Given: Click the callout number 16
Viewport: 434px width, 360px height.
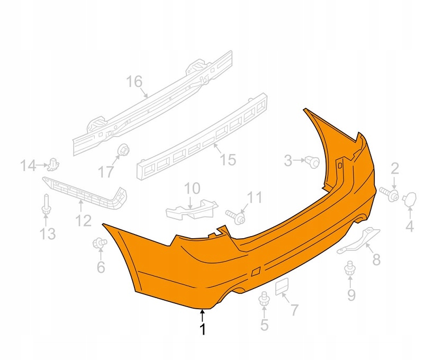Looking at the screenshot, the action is click(134, 82).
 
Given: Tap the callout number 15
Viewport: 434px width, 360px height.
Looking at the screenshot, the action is click(228, 160).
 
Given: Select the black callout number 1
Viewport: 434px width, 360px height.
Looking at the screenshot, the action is click(203, 329).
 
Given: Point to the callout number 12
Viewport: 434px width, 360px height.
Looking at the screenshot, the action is click(83, 221).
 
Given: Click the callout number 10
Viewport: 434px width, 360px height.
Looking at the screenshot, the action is click(192, 188).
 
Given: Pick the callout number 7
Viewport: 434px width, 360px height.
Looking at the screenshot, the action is click(294, 310).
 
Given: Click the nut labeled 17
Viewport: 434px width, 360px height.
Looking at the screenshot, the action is click(123, 150).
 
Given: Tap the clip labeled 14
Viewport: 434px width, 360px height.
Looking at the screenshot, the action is click(53, 164).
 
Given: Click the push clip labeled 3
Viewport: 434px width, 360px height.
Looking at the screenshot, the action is click(312, 161).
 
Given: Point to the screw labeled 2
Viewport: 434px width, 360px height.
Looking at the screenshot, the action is click(390, 194).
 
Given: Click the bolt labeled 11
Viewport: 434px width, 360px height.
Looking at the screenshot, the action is click(236, 217).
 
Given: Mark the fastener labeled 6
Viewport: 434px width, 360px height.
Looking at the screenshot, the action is click(100, 242).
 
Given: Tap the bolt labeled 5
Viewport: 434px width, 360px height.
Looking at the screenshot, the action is click(263, 299).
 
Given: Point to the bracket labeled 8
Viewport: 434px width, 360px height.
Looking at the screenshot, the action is click(358, 240).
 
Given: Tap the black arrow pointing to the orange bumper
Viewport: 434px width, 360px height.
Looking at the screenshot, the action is click(203, 316).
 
